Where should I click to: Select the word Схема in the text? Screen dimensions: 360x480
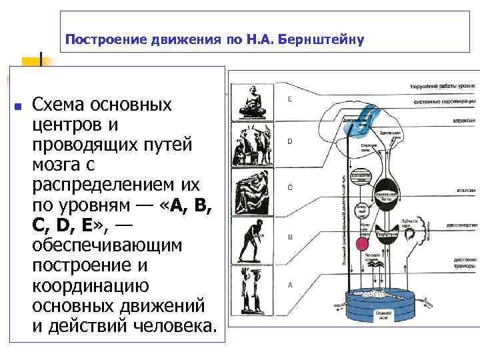pos(63,105)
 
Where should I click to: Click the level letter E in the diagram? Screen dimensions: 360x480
pos(289,99)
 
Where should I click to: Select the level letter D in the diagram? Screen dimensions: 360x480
pos(289,141)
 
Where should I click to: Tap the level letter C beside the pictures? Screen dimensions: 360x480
pos(289,187)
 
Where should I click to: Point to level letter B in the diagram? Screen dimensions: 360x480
pos(289,236)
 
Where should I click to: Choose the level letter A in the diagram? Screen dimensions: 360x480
pos(289,284)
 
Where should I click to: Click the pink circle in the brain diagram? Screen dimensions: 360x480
pos(363,245)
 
